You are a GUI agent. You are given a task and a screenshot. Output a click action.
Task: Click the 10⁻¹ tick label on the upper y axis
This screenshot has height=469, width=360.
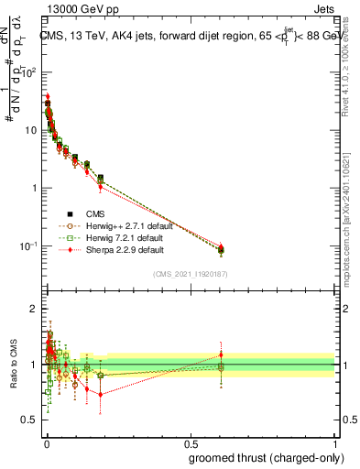click(x=30, y=245)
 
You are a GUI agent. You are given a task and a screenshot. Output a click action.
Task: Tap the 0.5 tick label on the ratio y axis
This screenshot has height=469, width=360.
click(x=30, y=420)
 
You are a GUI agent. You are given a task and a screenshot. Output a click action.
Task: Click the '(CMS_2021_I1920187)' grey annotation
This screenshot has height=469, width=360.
click(x=189, y=273)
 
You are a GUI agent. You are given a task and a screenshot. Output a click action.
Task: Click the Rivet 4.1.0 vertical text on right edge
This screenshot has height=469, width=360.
click(x=347, y=69)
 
